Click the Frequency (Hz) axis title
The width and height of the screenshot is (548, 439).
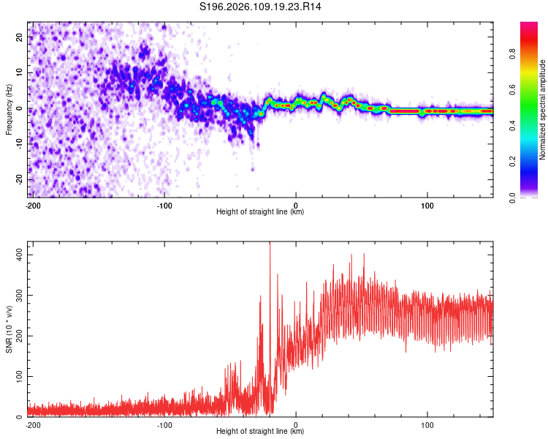[9, 109]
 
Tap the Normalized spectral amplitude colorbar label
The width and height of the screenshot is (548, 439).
[542, 109]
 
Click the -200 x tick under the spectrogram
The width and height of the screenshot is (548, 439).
[33, 206]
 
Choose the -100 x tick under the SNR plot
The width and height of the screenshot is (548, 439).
[164, 424]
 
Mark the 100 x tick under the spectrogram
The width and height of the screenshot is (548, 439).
[427, 206]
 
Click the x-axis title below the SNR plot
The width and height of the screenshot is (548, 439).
[260, 432]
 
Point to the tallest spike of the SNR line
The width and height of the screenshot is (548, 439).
[270, 244]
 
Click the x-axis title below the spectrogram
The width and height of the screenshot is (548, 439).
[260, 213]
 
